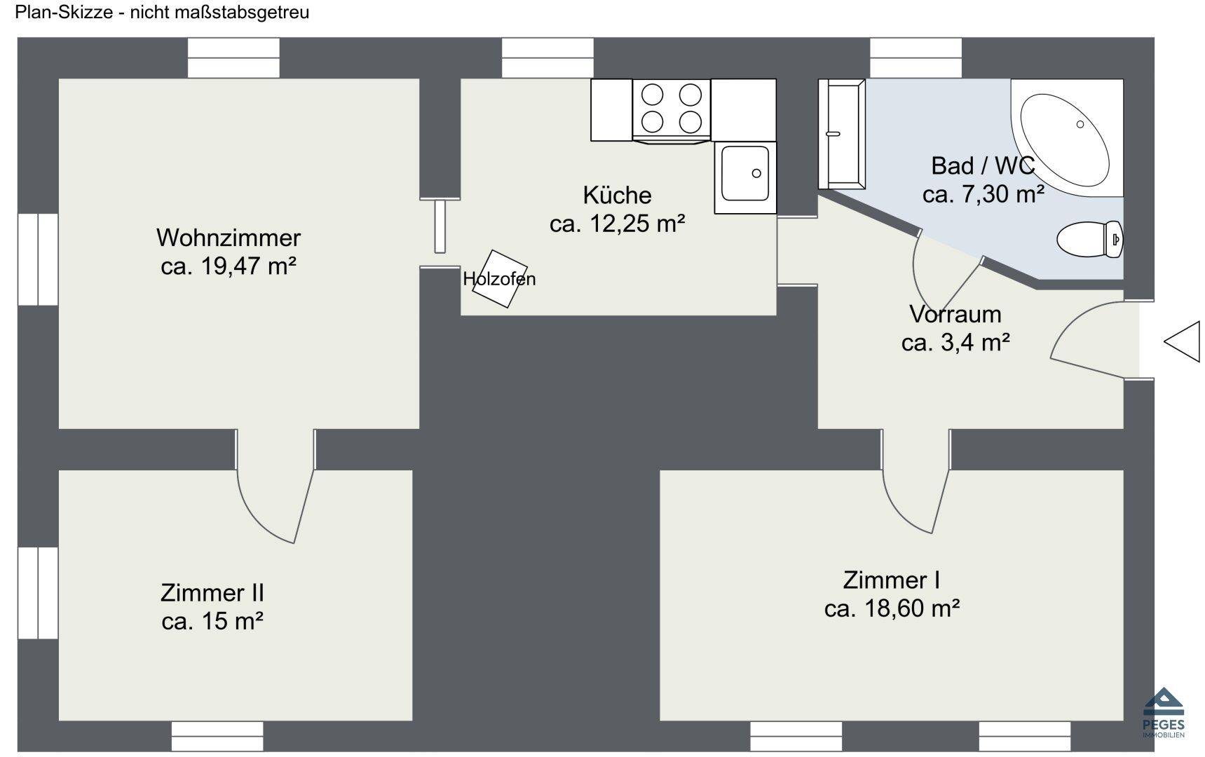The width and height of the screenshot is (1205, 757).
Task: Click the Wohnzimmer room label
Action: point(229,238)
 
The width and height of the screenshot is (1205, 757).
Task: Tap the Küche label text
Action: point(617,195)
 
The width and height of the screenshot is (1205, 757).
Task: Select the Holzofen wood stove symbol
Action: point(498,279)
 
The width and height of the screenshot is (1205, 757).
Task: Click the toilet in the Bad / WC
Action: point(1089,239)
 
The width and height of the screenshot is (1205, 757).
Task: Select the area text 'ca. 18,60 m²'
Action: point(892,608)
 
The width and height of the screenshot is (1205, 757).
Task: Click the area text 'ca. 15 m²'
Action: point(212,621)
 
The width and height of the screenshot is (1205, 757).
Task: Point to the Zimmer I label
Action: point(891,580)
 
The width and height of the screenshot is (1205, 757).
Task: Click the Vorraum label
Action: point(955,313)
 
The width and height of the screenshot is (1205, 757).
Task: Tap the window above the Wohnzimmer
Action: point(233,58)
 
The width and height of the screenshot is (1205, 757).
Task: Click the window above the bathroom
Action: point(915,58)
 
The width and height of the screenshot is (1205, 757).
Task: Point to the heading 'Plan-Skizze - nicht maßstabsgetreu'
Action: point(162,12)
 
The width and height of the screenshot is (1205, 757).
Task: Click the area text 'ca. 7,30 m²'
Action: point(983,194)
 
